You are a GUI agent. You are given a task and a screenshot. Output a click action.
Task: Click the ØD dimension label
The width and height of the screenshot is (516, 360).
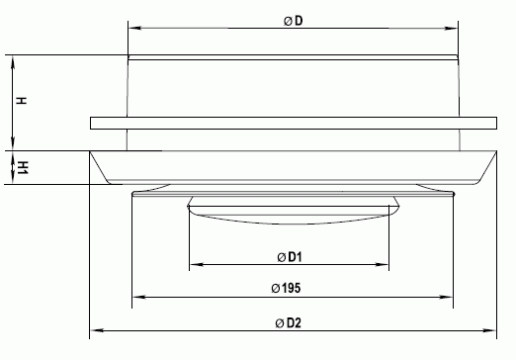tap(293, 21)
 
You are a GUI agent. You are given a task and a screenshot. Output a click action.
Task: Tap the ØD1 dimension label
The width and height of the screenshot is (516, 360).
tap(290, 257)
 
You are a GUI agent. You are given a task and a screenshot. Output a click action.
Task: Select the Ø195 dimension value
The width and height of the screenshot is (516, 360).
tap(286, 288)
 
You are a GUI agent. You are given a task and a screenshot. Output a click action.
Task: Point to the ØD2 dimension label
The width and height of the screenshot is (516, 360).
tap(289, 322)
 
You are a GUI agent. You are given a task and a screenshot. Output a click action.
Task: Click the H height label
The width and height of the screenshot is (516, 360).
tap(21, 101)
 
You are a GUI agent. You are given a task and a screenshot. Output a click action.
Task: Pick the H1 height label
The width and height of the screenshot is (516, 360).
tap(23, 168)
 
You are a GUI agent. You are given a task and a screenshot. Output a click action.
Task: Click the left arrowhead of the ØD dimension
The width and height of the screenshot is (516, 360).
tap(134, 28)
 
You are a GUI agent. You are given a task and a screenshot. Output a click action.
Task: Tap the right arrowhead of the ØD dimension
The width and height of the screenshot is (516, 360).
tap(451, 28)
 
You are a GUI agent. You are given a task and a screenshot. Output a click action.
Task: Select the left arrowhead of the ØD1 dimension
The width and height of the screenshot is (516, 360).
tap(196, 264)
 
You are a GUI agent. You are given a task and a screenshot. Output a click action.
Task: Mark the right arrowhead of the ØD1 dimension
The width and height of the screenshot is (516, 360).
tap(383, 264)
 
